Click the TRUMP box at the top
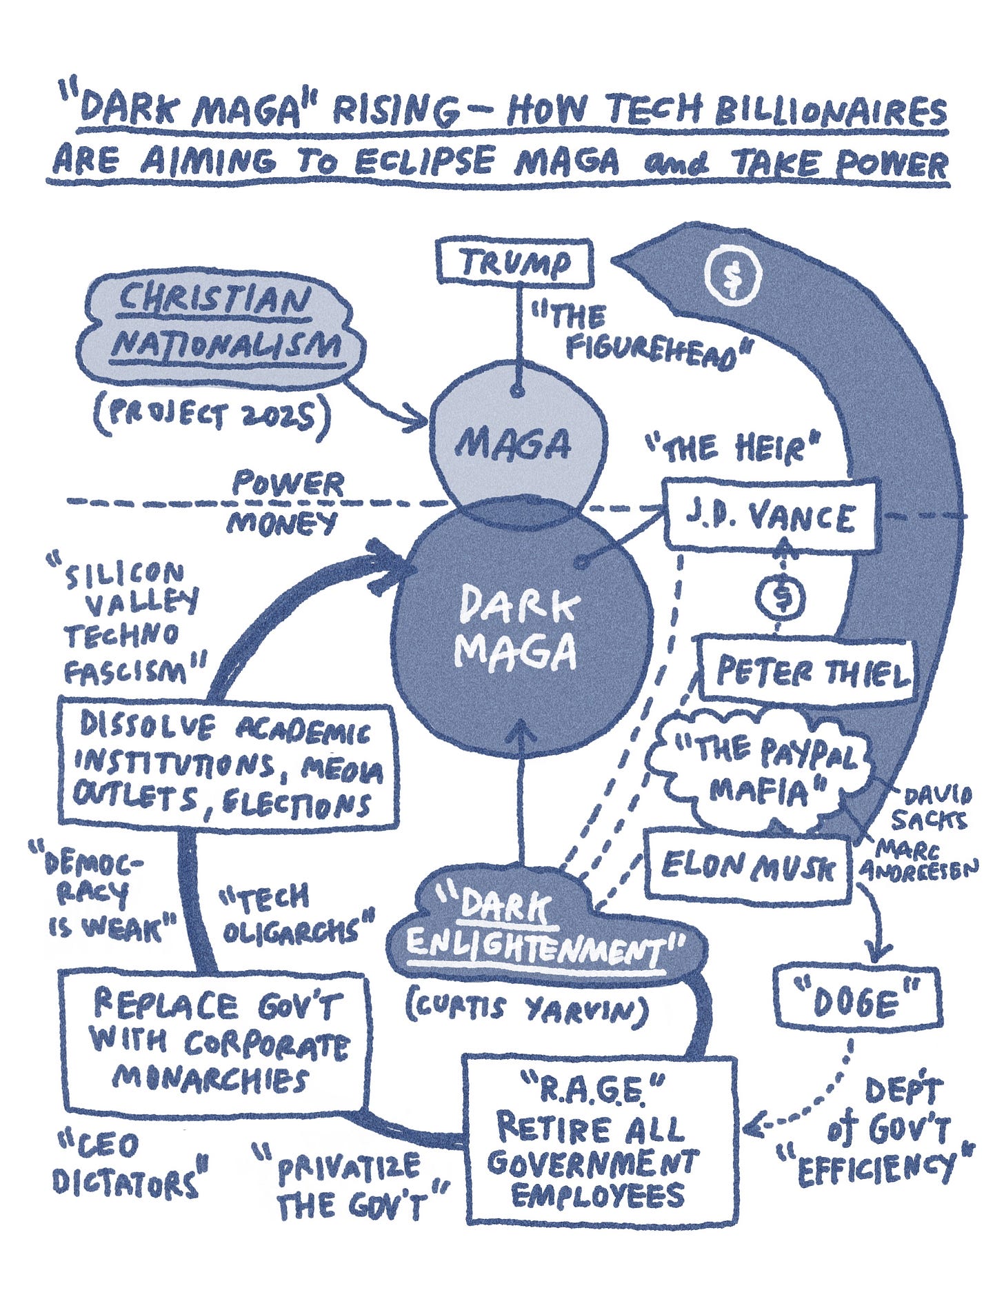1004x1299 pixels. pos(515,263)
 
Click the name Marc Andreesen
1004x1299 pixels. pos(918,858)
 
